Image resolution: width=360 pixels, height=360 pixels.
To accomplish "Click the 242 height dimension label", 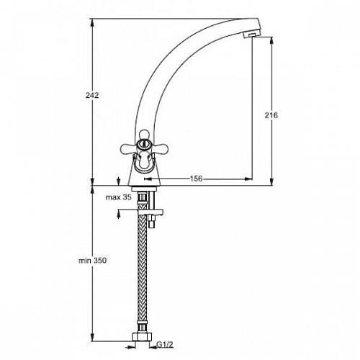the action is coord(92,95).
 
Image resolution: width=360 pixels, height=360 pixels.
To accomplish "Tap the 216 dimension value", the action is coord(271,115).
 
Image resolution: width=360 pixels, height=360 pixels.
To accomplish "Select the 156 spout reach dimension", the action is coord(196,179).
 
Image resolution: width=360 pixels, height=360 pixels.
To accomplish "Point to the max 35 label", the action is coord(119,197).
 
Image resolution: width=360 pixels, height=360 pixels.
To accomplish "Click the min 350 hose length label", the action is coord(93,261).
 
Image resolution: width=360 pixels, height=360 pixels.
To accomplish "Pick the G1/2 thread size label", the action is coord(165,345).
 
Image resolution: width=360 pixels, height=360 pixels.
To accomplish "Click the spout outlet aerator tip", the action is coord(250,35).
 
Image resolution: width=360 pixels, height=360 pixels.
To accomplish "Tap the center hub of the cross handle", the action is coord(143,144).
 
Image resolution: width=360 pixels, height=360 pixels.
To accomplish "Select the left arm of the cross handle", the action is coord(128,148).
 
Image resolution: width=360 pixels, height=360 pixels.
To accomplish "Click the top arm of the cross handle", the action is coord(144,135).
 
